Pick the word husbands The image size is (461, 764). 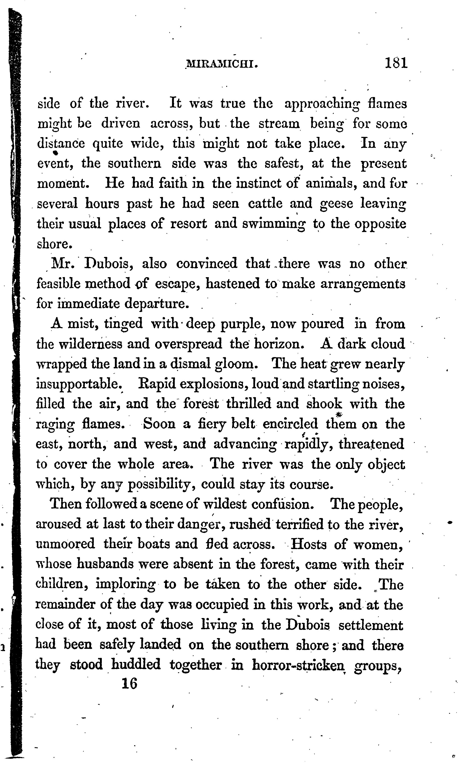105,564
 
